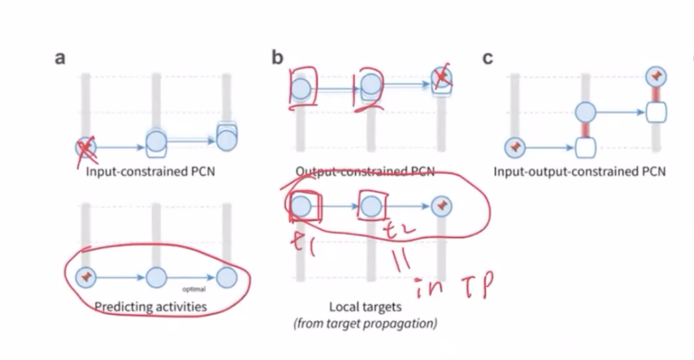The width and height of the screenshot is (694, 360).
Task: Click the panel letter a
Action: pyautogui.click(x=60, y=58)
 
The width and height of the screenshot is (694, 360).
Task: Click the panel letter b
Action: pyautogui.click(x=277, y=58)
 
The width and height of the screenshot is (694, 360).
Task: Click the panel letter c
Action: pyautogui.click(x=487, y=58)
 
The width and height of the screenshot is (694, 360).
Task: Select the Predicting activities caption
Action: pyautogui.click(x=150, y=307)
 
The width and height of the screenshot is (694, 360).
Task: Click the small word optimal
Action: pyautogui.click(x=194, y=289)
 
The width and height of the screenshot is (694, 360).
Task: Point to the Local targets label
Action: pyautogui.click(x=365, y=307)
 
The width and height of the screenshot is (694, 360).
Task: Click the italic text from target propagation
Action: pyautogui.click(x=365, y=324)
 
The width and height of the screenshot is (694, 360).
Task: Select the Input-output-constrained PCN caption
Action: pyautogui.click(x=579, y=171)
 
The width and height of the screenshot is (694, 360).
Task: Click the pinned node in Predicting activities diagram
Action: pyautogui.click(x=86, y=275)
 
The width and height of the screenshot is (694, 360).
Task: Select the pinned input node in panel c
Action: pyautogui.click(x=514, y=145)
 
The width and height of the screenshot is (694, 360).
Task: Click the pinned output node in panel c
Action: pyautogui.click(x=656, y=77)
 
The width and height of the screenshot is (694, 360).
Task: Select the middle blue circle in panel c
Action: pyautogui.click(x=585, y=112)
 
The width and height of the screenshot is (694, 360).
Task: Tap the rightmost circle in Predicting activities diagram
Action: pyautogui.click(x=226, y=276)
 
